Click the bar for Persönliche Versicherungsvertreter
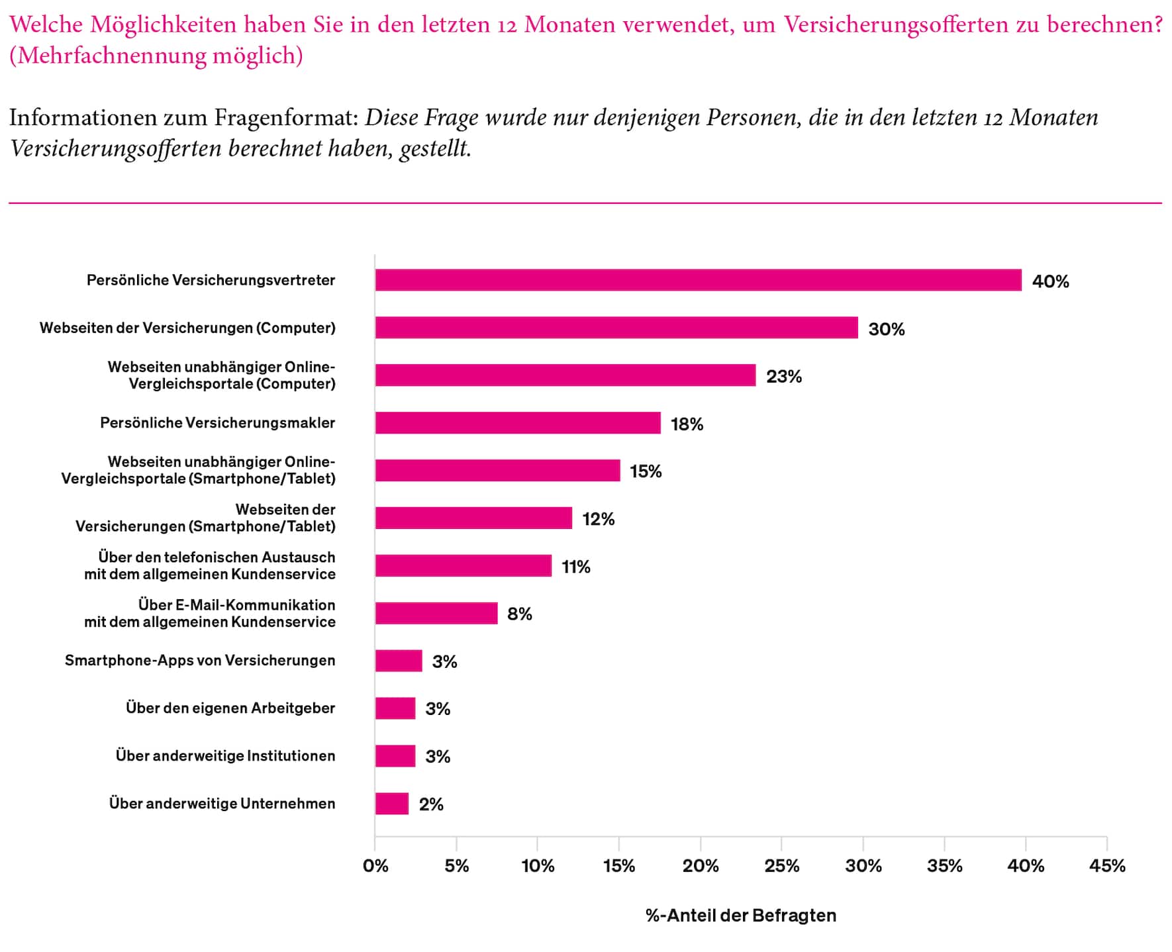point(698,280)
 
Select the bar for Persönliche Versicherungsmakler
point(518,423)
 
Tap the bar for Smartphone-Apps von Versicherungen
point(399,661)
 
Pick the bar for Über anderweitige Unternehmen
point(392,804)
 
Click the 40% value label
point(1050,281)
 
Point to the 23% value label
point(784,377)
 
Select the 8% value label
point(520,614)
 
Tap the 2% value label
point(431,804)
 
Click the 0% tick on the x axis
point(375,866)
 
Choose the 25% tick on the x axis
point(782,866)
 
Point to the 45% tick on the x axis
point(1107,866)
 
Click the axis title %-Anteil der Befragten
point(741,916)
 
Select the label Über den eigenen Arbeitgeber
point(230,708)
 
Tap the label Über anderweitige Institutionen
point(225,756)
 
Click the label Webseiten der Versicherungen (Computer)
point(187,328)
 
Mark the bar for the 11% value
point(464,566)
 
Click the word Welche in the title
point(46,24)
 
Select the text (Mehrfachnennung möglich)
point(156,56)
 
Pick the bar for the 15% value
point(498,471)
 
